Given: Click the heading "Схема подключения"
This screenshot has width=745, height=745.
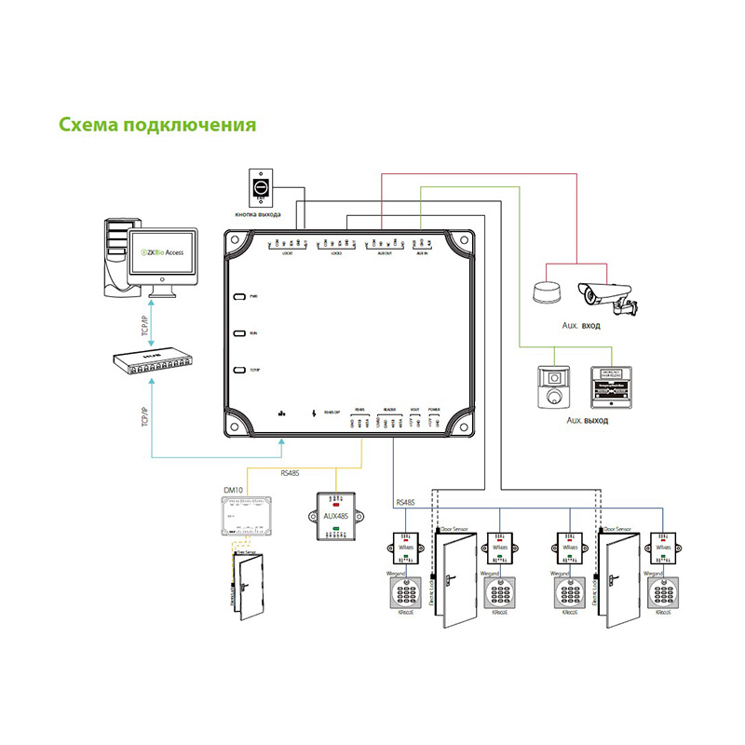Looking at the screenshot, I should [x=156, y=124].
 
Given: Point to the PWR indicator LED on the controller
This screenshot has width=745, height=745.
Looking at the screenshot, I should [x=239, y=297].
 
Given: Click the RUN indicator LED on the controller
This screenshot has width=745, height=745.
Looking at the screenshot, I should [x=239, y=333].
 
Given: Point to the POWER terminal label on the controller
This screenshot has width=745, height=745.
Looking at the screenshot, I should [x=434, y=409].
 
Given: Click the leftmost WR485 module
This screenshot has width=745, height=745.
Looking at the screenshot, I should [x=407, y=547].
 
